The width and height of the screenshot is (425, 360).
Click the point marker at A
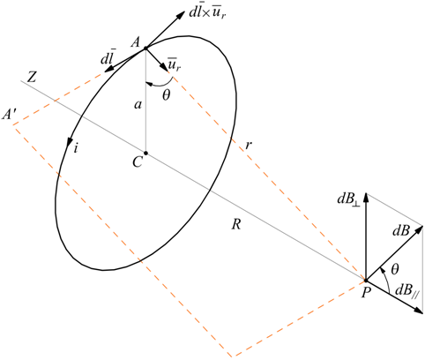tap(145, 48)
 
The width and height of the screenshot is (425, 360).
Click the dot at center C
tap(145, 153)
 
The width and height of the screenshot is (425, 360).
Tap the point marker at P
tap(366, 280)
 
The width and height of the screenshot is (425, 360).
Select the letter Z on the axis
tap(32, 78)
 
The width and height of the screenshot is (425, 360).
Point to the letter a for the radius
tap(138, 104)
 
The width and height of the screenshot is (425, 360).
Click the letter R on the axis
tap(236, 225)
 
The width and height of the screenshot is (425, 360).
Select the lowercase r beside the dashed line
tap(249, 145)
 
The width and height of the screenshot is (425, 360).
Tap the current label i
tap(76, 148)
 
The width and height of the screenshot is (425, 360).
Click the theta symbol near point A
tap(167, 94)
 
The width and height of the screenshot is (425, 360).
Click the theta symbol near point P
tap(395, 269)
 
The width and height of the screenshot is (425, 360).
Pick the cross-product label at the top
tap(208, 14)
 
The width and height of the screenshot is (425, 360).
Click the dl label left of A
tap(108, 58)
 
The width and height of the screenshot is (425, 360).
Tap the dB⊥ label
tap(349, 199)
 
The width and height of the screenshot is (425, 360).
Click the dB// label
tap(407, 290)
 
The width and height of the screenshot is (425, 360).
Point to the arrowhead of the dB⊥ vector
tap(366, 198)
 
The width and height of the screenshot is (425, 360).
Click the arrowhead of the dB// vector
tap(418, 310)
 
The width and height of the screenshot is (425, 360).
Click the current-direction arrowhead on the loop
tap(71, 141)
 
